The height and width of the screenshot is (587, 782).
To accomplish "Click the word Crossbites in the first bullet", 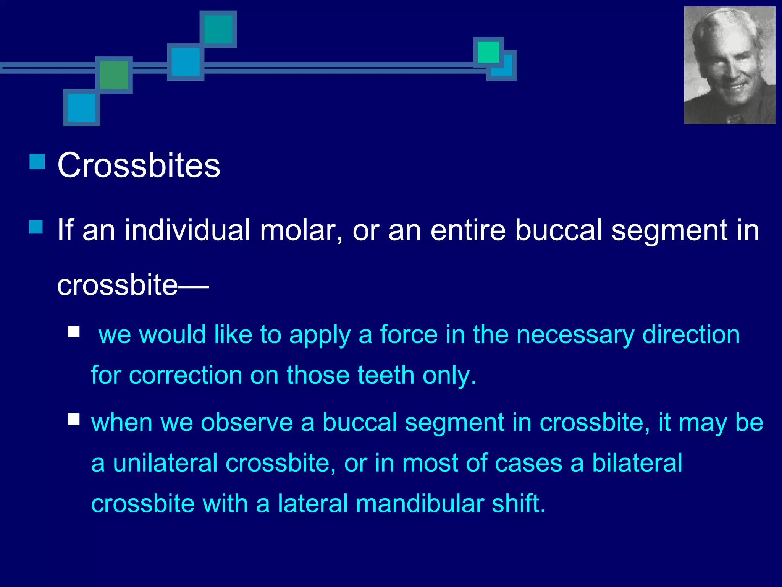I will (139, 165).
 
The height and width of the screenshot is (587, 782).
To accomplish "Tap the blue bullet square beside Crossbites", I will (37, 162).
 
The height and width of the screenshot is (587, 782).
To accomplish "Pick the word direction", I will (691, 335).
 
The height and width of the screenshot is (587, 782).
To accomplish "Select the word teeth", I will (386, 375).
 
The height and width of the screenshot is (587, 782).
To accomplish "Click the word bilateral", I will (637, 463).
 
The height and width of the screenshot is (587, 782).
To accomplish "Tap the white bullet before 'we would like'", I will (74, 331).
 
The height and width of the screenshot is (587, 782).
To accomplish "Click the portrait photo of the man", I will (729, 65).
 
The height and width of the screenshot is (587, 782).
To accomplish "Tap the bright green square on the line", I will (488, 52).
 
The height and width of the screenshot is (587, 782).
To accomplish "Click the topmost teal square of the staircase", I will (218, 29).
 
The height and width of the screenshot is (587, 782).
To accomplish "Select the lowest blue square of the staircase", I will (81, 107).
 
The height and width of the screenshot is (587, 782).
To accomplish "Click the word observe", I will (247, 423).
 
